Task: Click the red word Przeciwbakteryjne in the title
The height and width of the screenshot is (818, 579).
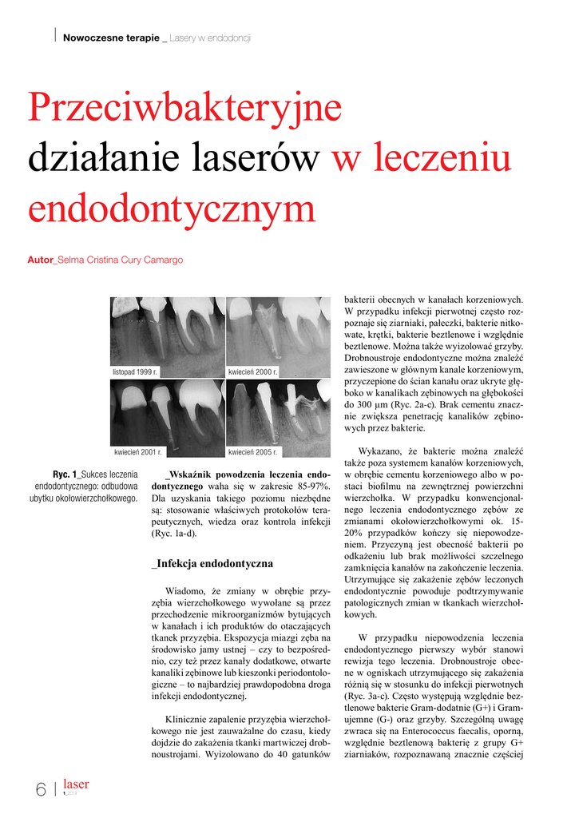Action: [x=184, y=107]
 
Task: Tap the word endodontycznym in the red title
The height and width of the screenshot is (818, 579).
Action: [x=172, y=209]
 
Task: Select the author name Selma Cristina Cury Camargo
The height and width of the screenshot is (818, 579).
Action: [x=120, y=260]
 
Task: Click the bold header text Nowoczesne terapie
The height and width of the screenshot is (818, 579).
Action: [x=111, y=38]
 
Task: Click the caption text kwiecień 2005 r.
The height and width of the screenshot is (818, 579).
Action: [x=253, y=452]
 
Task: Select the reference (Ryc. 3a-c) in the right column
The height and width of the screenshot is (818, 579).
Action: [x=371, y=697]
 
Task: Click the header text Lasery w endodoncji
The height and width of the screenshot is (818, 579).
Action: [x=211, y=38]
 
